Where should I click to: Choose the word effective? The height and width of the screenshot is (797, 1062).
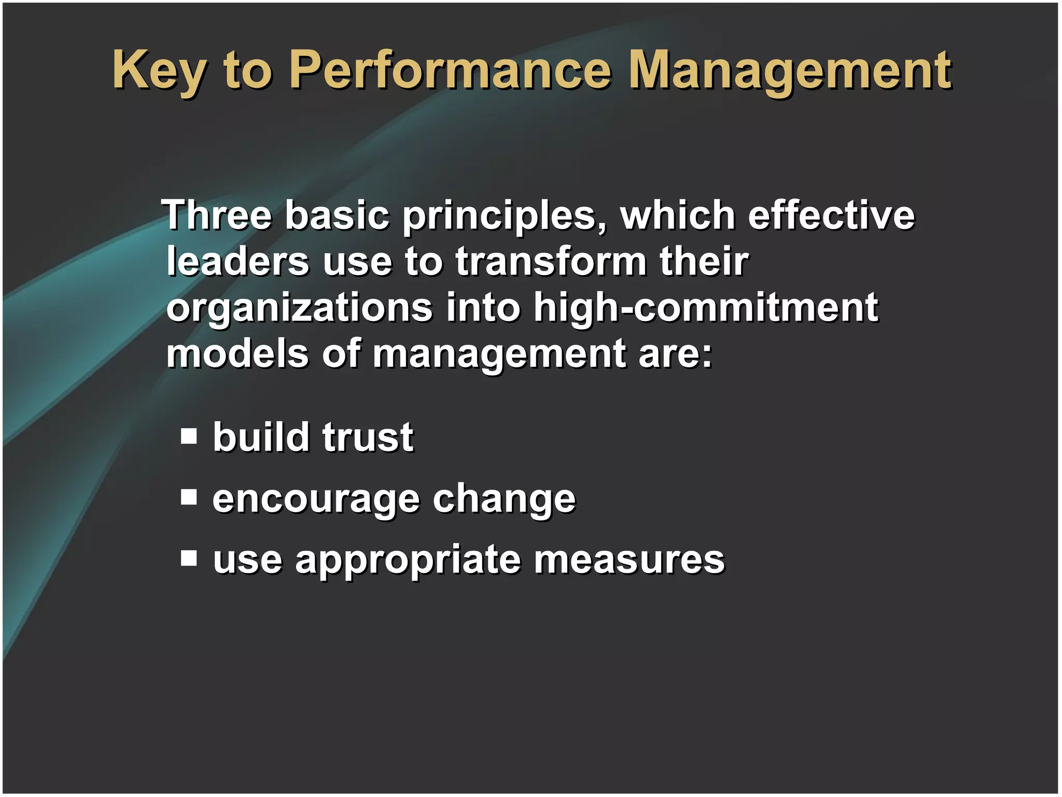831,215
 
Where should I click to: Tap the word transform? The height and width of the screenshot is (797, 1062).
551,261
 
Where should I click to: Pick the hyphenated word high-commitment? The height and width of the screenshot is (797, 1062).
705,307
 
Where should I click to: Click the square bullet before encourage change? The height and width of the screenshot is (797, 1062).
189,497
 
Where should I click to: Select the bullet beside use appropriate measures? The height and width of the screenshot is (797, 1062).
189,558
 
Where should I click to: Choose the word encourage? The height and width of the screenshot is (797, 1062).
316,499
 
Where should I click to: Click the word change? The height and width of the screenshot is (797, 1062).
504,499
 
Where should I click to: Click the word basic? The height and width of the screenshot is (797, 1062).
337,215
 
